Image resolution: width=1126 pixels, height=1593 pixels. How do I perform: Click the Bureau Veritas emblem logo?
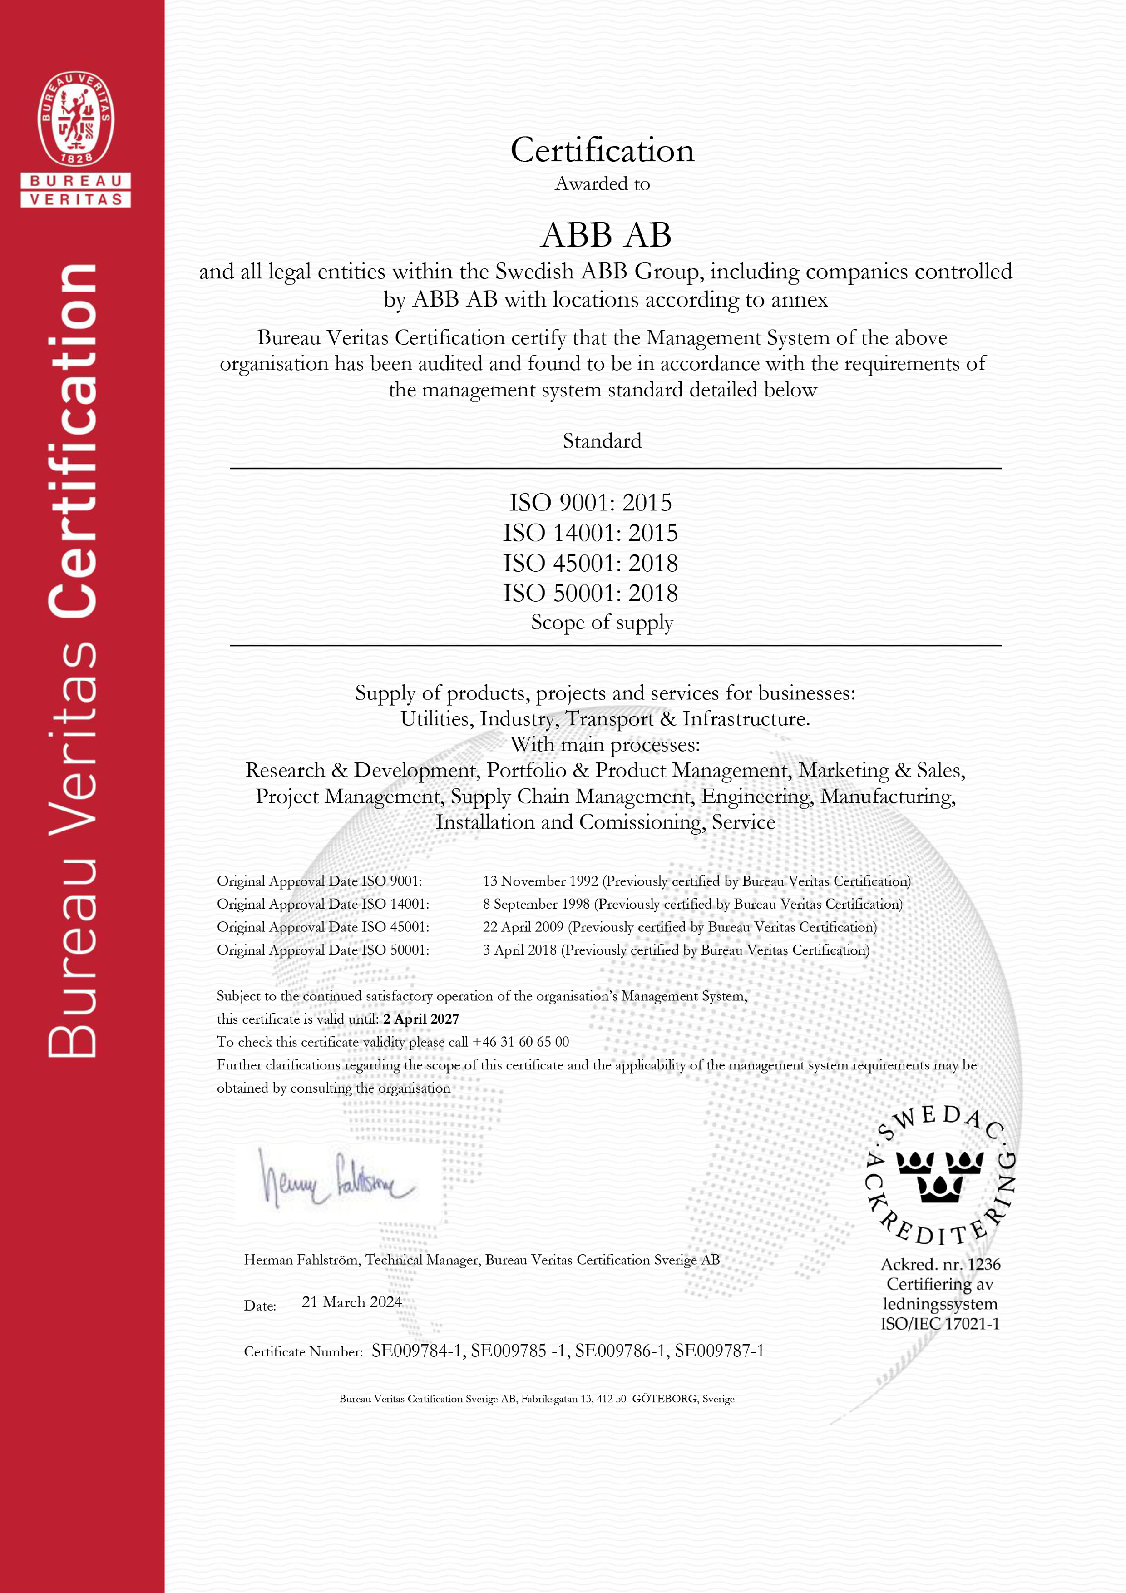(76, 119)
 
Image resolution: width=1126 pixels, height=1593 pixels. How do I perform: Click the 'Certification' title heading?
(602, 151)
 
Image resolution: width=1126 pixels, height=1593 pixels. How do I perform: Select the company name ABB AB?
(606, 235)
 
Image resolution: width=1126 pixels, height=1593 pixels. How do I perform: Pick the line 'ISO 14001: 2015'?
(590, 533)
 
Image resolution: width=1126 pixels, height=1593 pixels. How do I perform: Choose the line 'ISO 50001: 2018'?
(590, 593)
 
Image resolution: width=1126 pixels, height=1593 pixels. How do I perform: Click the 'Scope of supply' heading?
(602, 623)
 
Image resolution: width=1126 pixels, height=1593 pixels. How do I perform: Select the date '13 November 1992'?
(540, 881)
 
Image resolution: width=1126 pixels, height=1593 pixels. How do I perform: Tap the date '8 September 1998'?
(536, 904)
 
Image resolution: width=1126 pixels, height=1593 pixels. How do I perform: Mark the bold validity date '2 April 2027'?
(421, 1019)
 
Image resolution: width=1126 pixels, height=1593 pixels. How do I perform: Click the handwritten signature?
(336, 1179)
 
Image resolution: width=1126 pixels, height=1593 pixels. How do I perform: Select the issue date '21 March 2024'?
(352, 1302)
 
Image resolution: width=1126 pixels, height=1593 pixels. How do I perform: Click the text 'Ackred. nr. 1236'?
(941, 1264)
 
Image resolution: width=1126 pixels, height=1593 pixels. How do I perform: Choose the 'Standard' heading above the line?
(602, 441)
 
